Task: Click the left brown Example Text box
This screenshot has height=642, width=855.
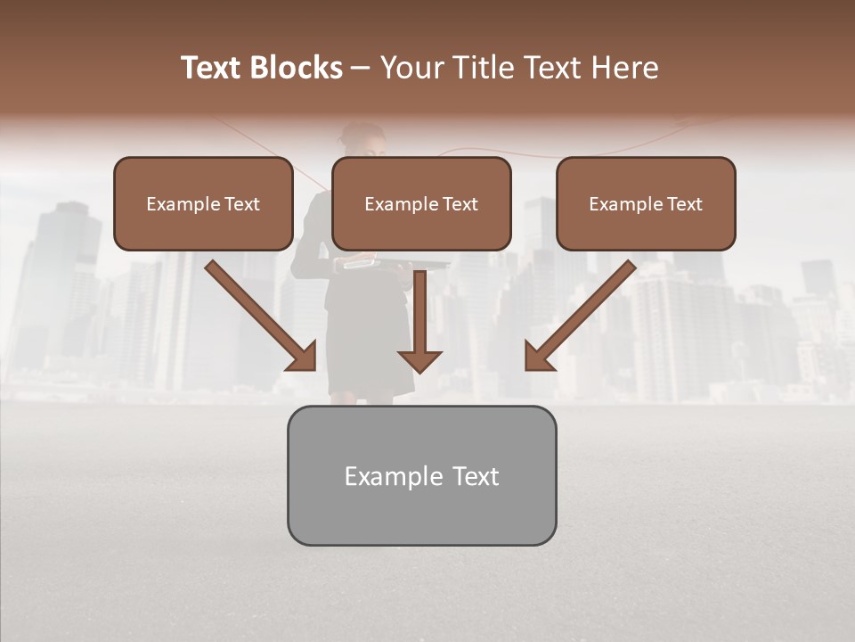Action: [203, 203]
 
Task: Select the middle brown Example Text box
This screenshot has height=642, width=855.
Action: [421, 203]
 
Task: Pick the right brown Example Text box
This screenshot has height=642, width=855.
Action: [646, 203]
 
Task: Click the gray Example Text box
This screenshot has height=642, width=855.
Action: [421, 475]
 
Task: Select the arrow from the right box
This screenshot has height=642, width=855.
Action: [584, 312]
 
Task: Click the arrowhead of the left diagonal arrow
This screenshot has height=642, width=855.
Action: [302, 356]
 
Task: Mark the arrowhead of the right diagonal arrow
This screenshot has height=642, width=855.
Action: [539, 356]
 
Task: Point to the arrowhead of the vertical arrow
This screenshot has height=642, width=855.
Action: [420, 361]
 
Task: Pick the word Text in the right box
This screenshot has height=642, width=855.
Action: [684, 204]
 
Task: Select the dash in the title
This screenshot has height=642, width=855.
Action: [361, 68]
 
